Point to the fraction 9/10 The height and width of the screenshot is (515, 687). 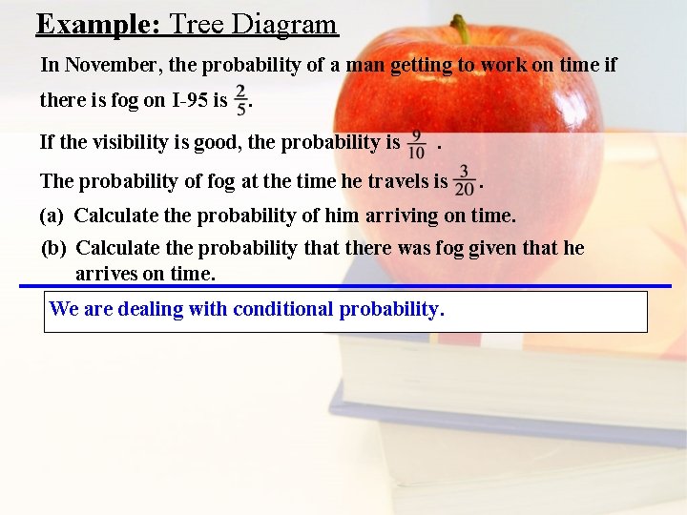pos(417,144)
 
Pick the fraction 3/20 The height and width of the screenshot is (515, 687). pos(465,179)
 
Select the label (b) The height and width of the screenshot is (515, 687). pos(53,249)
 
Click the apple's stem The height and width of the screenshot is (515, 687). pos(461,29)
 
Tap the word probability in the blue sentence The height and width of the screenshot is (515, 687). pos(391,310)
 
